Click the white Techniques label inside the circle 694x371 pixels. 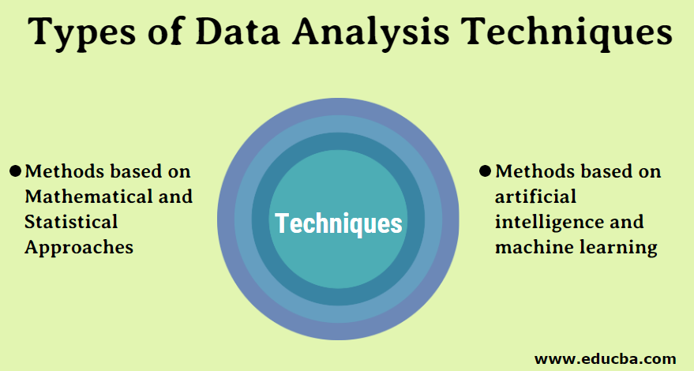[339, 223]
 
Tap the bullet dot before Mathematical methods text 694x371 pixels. [15, 171]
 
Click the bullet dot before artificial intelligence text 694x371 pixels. [486, 171]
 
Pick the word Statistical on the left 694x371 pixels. [71, 222]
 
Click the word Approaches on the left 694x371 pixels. [78, 247]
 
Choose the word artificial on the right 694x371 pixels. [535, 197]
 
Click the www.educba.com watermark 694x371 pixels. [606, 358]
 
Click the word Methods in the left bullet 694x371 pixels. [62, 171]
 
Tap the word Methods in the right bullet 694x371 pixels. [533, 171]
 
